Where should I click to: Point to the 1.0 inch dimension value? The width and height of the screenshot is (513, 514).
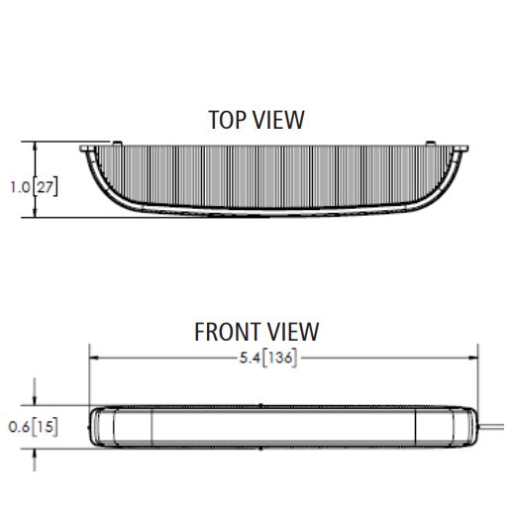[20, 187]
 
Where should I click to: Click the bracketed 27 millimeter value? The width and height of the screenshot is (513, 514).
[46, 187]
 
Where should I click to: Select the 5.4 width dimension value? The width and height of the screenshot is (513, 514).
[250, 358]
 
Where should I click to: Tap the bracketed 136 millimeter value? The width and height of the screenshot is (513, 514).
[280, 358]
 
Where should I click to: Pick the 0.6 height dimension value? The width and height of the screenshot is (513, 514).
[19, 427]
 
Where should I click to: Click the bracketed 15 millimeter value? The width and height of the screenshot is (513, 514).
[46, 427]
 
